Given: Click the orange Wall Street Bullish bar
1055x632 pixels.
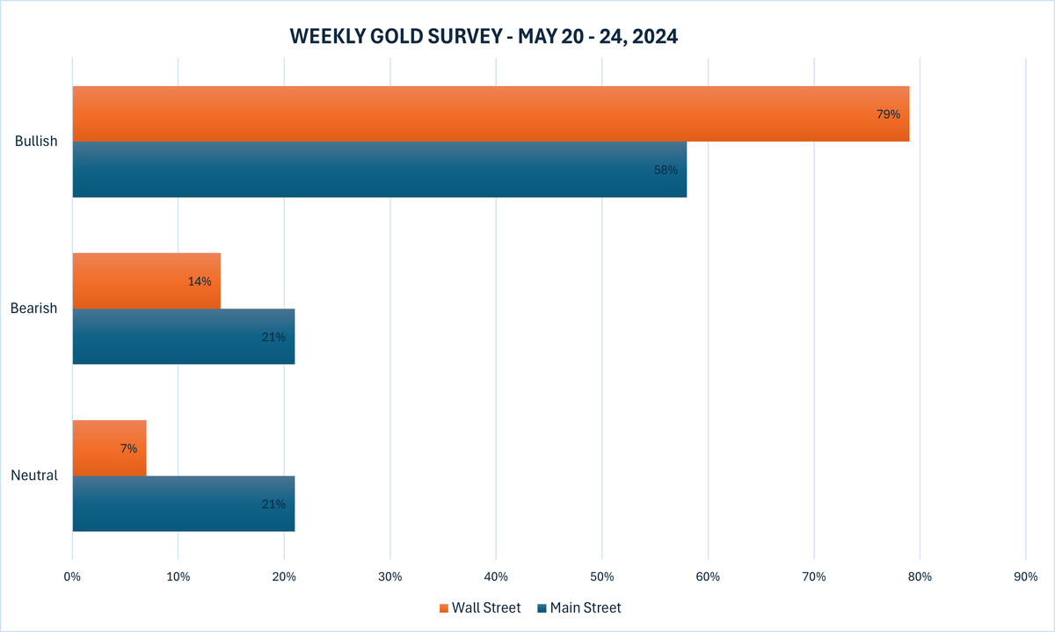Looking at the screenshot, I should [x=491, y=114].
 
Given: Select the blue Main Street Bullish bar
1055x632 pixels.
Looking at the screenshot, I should [x=379, y=170].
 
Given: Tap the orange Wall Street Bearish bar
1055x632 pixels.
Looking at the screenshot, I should [x=146, y=281].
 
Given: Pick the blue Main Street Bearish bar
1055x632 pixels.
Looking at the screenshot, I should [x=183, y=337].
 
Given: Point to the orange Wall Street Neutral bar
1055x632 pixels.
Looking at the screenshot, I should [x=109, y=448].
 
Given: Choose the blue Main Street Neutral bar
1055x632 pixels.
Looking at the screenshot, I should [x=183, y=504].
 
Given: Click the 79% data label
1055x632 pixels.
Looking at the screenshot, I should [x=888, y=114].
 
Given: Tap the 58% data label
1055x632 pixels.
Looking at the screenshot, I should [x=666, y=170].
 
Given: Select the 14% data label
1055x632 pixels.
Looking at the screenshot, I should [x=200, y=281].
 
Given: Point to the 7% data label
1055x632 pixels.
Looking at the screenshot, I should [x=128, y=448].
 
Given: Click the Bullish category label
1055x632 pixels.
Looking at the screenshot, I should [x=36, y=142].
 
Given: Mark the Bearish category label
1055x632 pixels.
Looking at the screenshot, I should [x=34, y=309].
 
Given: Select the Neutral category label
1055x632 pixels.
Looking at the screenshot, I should [x=34, y=476].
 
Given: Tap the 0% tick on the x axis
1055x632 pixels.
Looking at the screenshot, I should [x=72, y=578].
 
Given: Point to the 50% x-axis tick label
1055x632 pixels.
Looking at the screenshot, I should [x=601, y=578].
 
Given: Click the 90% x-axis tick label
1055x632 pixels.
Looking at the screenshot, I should [x=1025, y=578].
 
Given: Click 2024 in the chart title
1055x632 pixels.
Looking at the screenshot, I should [x=656, y=37].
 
